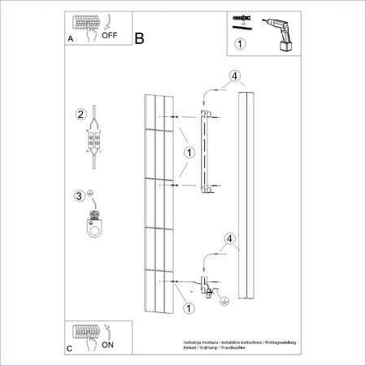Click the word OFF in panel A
pos(110,36)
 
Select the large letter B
pos(140,38)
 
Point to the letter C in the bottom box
pos(68,349)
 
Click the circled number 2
pos(81,113)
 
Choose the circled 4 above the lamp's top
pos(234,77)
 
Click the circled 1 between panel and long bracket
pos(188,152)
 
